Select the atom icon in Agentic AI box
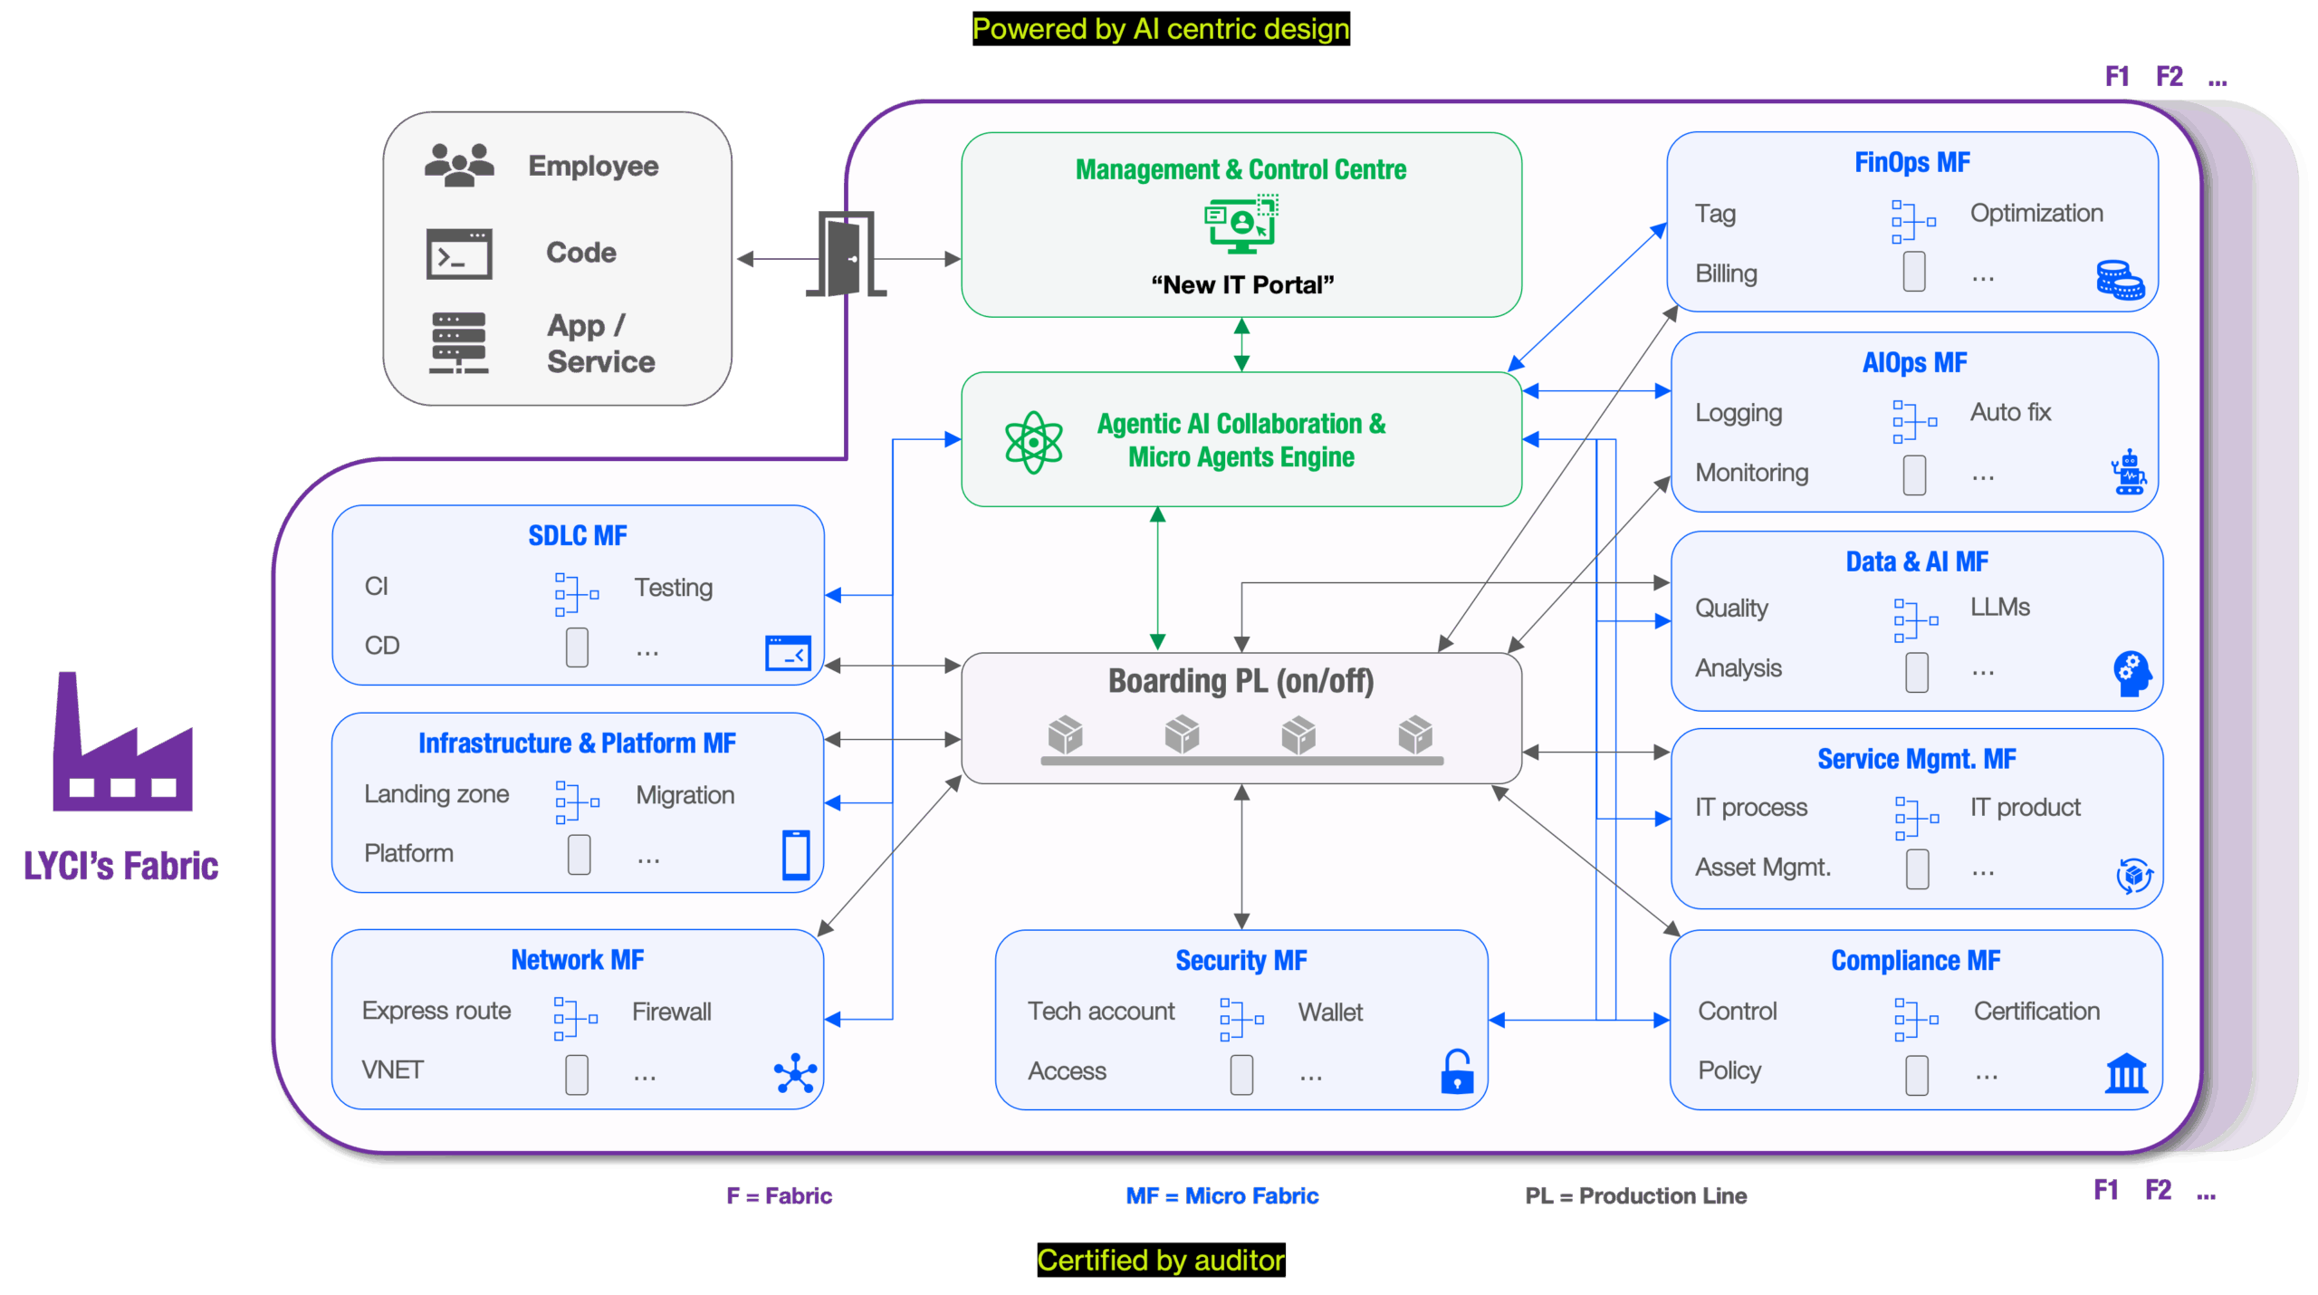pyautogui.click(x=1033, y=442)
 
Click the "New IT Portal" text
pyautogui.click(x=1242, y=284)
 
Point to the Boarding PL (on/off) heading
pyautogui.click(x=1240, y=681)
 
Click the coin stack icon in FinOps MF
pyautogui.click(x=2120, y=280)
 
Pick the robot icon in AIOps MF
pyautogui.click(x=2129, y=472)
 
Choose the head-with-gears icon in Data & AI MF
pyautogui.click(x=2132, y=673)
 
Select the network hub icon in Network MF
pyautogui.click(x=795, y=1073)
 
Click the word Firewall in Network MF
pyautogui.click(x=671, y=1012)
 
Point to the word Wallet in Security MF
pyautogui.click(x=1330, y=1012)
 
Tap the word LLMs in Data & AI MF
pyautogui.click(x=1999, y=607)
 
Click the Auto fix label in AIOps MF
pyautogui.click(x=2010, y=412)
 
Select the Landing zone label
pyautogui.click(x=436, y=794)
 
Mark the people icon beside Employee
pyautogui.click(x=459, y=164)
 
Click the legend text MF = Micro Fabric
pyautogui.click(x=1221, y=1195)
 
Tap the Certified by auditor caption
pyautogui.click(x=1160, y=1260)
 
